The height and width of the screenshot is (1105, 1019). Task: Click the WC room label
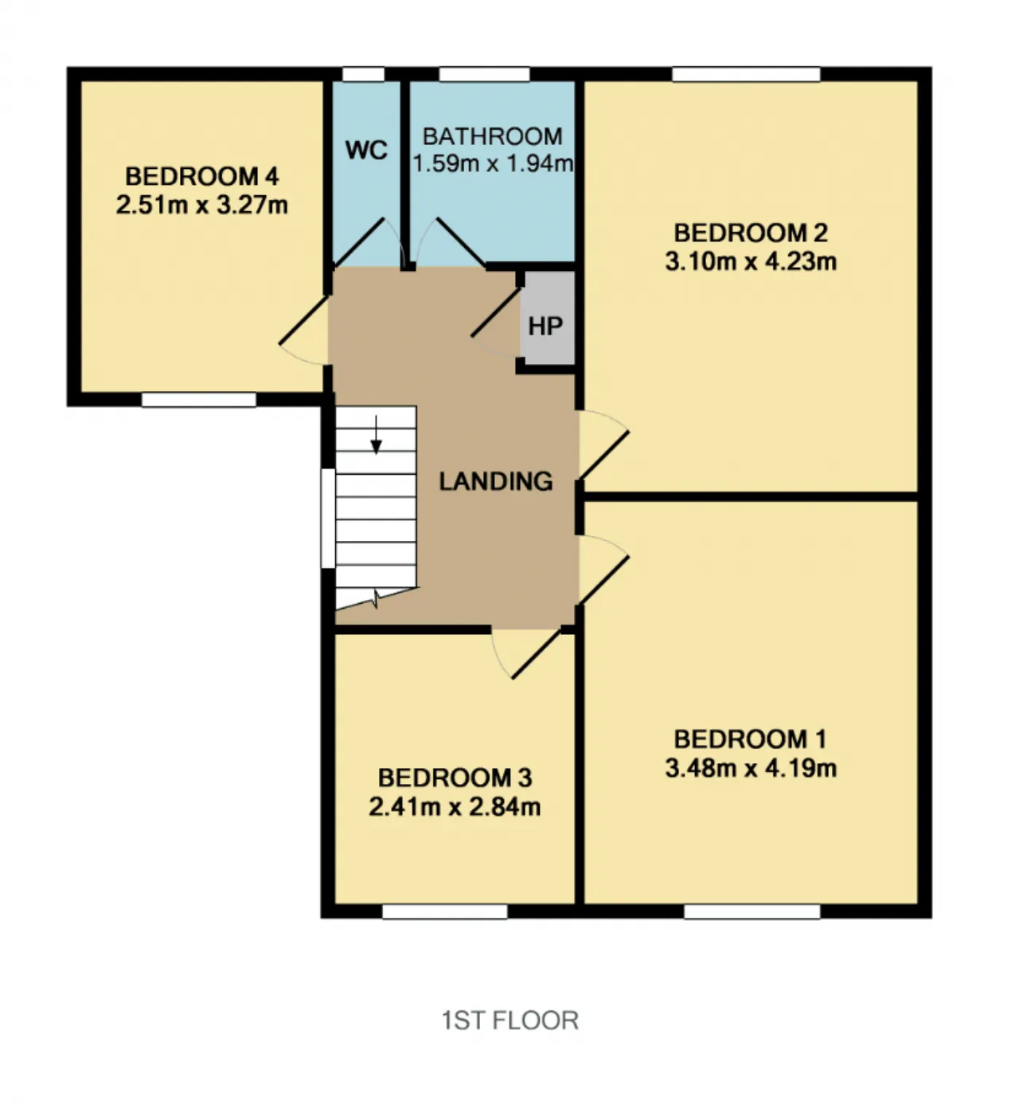tap(366, 150)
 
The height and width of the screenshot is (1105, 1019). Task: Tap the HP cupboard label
tap(545, 326)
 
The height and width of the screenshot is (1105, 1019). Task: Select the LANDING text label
tap(496, 481)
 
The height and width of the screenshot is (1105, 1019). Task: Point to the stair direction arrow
tap(376, 434)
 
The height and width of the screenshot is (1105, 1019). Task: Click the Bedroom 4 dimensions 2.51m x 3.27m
tap(202, 206)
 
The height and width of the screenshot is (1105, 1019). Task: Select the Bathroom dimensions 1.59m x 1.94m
tap(493, 163)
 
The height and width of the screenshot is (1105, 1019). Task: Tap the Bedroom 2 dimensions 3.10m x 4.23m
tap(751, 261)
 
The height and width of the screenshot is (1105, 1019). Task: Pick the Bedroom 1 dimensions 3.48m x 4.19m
tap(751, 768)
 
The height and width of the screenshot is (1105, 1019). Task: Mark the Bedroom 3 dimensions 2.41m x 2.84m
tap(455, 807)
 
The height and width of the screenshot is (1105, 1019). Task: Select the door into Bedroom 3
tap(525, 655)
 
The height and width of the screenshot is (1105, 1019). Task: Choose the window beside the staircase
tap(328, 519)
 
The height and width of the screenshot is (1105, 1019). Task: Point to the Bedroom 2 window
tap(746, 74)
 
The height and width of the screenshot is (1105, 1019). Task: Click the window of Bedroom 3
tap(445, 911)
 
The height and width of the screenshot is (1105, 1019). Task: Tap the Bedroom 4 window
tap(198, 399)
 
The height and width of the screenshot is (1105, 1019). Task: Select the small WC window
tap(363, 74)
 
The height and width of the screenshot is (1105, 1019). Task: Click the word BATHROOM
tap(493, 136)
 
